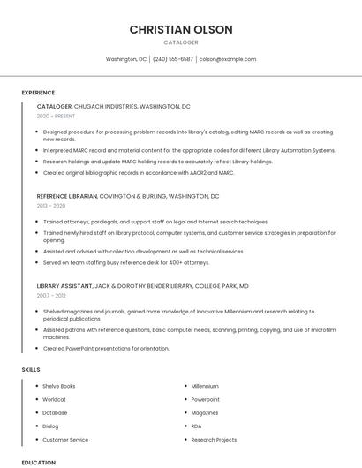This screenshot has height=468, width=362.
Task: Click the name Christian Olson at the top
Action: pyautogui.click(x=181, y=29)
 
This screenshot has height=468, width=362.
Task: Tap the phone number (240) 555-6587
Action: pyautogui.click(x=173, y=59)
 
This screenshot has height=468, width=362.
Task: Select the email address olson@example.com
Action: pyautogui.click(x=227, y=59)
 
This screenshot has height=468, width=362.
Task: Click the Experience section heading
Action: pyautogui.click(x=38, y=92)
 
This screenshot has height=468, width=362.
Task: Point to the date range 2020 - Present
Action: pyautogui.click(x=56, y=116)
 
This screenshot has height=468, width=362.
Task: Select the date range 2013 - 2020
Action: pyautogui.click(x=51, y=206)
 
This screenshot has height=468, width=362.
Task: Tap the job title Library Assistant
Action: pyautogui.click(x=64, y=286)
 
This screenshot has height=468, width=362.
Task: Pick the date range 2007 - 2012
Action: pyautogui.click(x=51, y=296)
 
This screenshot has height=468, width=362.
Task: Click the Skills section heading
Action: pyautogui.click(x=31, y=369)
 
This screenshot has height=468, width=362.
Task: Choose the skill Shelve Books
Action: pyautogui.click(x=59, y=386)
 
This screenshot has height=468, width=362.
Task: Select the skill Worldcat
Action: pyautogui.click(x=55, y=399)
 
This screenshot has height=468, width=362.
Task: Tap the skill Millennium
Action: pyautogui.click(x=205, y=386)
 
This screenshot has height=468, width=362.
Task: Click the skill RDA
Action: pyautogui.click(x=196, y=426)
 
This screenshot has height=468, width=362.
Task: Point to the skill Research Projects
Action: pyautogui.click(x=214, y=440)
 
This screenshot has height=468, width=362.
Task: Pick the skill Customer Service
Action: pyautogui.click(x=65, y=440)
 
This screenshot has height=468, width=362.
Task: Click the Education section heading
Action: pyautogui.click(x=39, y=463)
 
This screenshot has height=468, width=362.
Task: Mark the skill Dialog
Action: pyautogui.click(x=50, y=426)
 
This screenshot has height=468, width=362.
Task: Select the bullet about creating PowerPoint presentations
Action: pyautogui.click(x=106, y=348)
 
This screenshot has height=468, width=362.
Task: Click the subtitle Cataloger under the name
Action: pyautogui.click(x=181, y=42)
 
